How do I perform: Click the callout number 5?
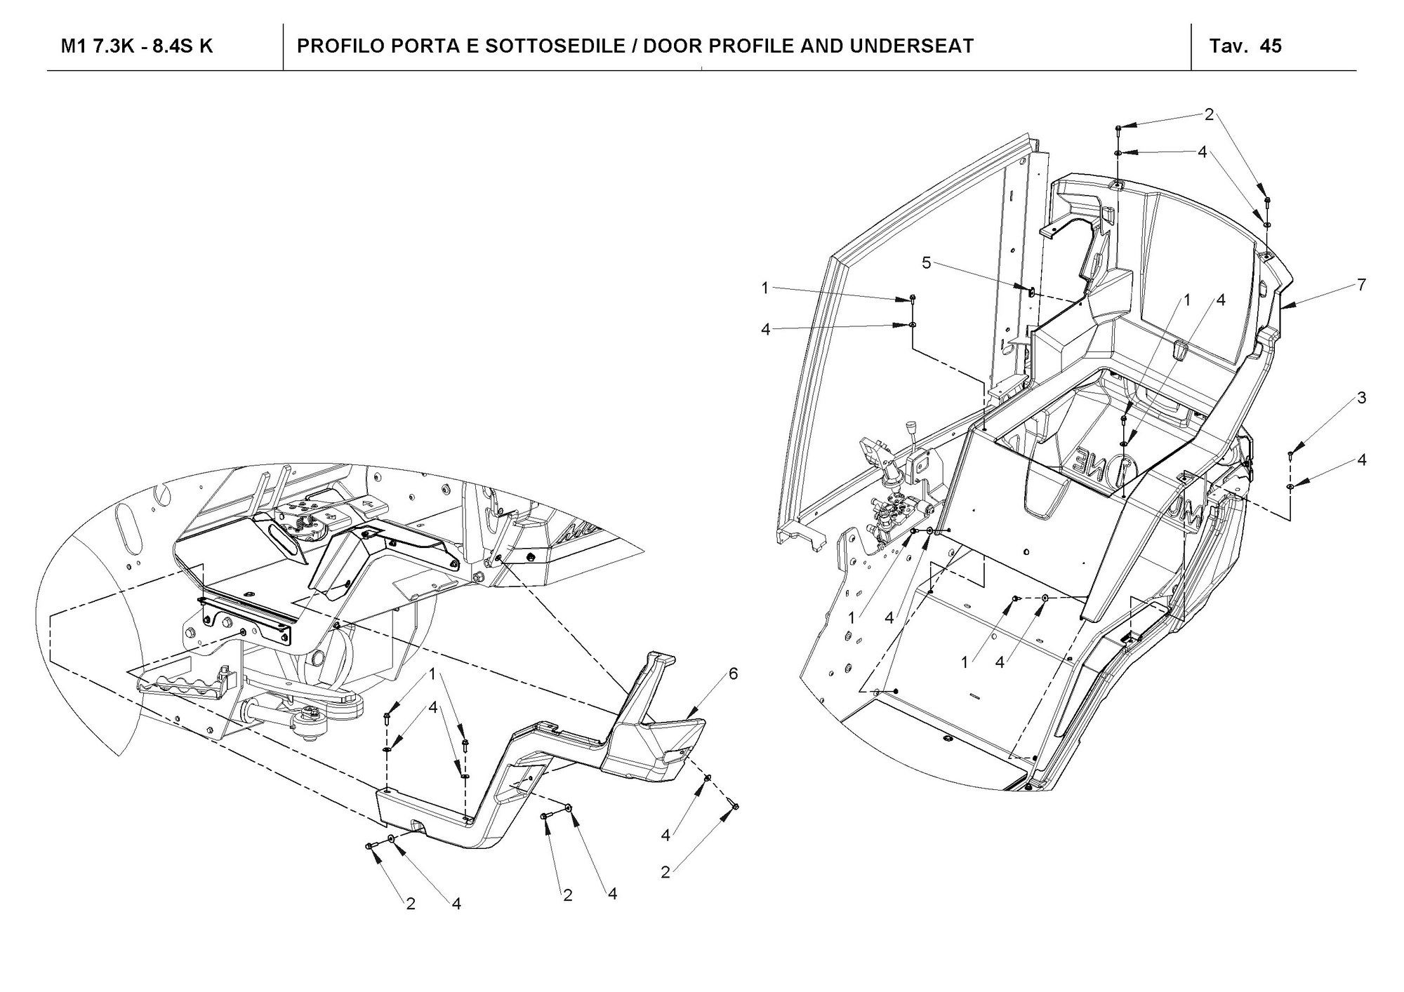927,262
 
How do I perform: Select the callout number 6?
733,673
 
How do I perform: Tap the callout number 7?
1362,285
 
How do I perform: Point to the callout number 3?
1362,398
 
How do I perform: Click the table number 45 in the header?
1271,46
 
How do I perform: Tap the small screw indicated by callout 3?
1290,455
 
